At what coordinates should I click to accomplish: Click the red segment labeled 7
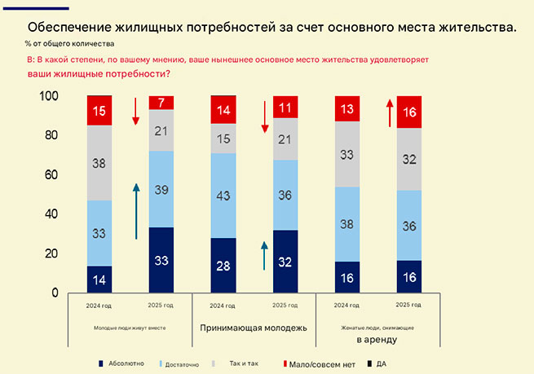(x=161, y=103)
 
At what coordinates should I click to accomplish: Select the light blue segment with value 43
(x=223, y=196)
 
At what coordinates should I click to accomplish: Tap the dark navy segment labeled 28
(x=223, y=266)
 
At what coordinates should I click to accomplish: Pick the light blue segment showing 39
(x=161, y=189)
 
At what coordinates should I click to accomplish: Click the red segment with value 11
(x=285, y=107)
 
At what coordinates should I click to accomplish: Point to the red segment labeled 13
(x=348, y=108)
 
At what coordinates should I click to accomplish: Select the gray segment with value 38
(x=99, y=163)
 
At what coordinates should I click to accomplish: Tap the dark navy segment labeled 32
(x=285, y=262)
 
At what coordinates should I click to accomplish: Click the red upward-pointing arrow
(x=390, y=114)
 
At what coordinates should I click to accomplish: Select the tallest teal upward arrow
(x=137, y=210)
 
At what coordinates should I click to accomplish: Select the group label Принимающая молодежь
(x=254, y=328)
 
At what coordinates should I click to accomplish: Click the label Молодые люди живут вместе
(x=130, y=328)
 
